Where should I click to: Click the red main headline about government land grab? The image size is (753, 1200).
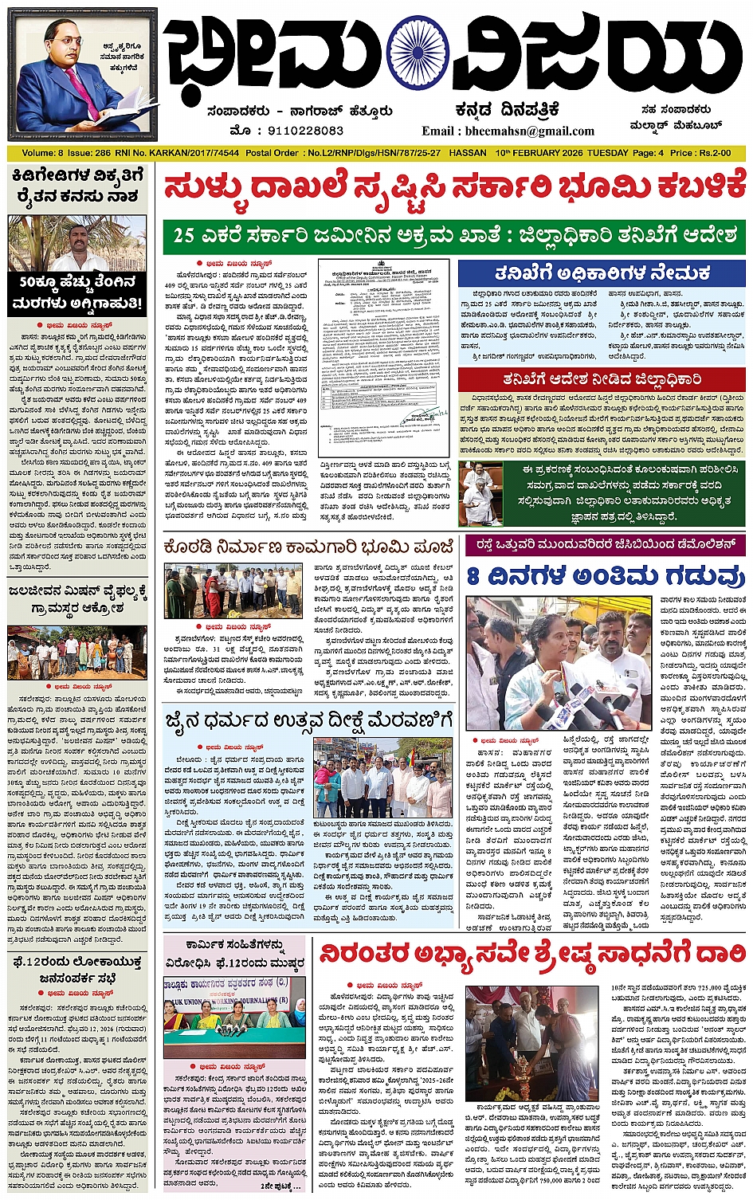click(x=454, y=188)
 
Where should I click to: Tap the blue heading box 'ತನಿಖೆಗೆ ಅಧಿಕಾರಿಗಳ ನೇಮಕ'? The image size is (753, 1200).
click(x=602, y=273)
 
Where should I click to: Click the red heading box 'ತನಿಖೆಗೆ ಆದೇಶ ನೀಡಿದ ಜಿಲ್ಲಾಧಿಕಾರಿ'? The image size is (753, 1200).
click(x=602, y=379)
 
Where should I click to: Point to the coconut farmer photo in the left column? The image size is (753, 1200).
click(x=77, y=244)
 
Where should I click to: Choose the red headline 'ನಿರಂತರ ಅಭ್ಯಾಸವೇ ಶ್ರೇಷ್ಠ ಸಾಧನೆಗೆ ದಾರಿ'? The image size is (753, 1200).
click(x=532, y=954)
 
